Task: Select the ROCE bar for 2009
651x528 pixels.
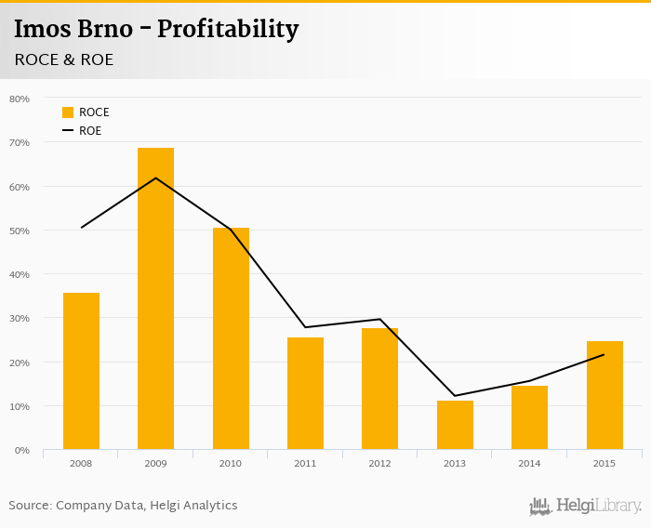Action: click(x=155, y=298)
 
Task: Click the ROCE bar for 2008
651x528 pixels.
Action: click(x=81, y=371)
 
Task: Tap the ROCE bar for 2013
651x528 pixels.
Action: click(x=455, y=425)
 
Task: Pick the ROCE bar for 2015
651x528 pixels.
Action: click(x=604, y=395)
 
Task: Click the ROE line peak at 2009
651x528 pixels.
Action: click(x=155, y=178)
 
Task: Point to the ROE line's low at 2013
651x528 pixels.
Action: click(x=455, y=396)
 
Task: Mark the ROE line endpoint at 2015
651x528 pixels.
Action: click(x=604, y=354)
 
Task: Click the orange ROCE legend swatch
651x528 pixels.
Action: click(x=68, y=112)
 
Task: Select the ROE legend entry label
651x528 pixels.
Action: click(x=90, y=131)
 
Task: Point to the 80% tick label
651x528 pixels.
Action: click(x=20, y=99)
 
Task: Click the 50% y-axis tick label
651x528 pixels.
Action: click(x=20, y=231)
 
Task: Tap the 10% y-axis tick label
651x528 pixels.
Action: click(x=20, y=406)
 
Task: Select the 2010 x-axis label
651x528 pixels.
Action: click(x=231, y=462)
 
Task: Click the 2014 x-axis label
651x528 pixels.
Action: click(x=529, y=462)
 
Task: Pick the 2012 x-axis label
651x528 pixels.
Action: click(x=379, y=462)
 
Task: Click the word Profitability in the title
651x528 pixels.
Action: click(x=228, y=30)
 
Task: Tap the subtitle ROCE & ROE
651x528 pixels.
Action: click(x=64, y=59)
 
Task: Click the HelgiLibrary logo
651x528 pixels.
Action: click(x=585, y=506)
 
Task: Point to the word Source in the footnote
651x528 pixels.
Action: click(x=30, y=506)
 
